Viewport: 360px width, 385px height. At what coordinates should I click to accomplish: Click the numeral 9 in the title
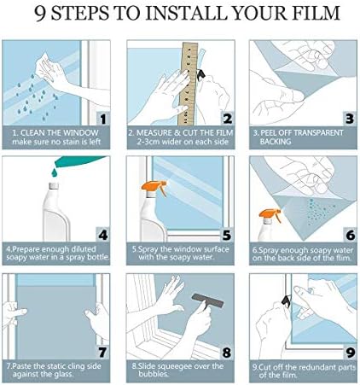(x=41, y=14)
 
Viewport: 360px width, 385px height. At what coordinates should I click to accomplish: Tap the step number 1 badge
(x=103, y=119)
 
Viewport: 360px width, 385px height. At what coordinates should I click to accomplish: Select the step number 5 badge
(x=227, y=235)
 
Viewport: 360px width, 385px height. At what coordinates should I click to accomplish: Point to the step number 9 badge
(x=351, y=353)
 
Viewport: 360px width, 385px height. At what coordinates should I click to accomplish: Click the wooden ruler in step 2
(x=188, y=84)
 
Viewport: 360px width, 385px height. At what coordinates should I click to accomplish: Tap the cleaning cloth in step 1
(x=45, y=67)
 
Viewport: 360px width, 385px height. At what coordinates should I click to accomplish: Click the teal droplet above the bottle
(x=54, y=172)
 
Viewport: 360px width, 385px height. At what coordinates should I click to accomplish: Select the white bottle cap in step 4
(x=54, y=186)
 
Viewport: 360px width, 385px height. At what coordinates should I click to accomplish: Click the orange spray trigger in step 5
(x=154, y=187)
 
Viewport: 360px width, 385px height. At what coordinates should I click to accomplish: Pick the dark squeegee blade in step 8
(x=207, y=300)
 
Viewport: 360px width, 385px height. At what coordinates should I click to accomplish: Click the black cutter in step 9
(x=287, y=300)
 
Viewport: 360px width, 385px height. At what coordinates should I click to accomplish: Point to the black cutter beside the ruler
(x=201, y=74)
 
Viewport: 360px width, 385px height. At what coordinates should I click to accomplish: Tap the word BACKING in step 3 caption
(x=276, y=142)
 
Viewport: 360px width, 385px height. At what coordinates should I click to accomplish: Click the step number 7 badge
(x=102, y=353)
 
